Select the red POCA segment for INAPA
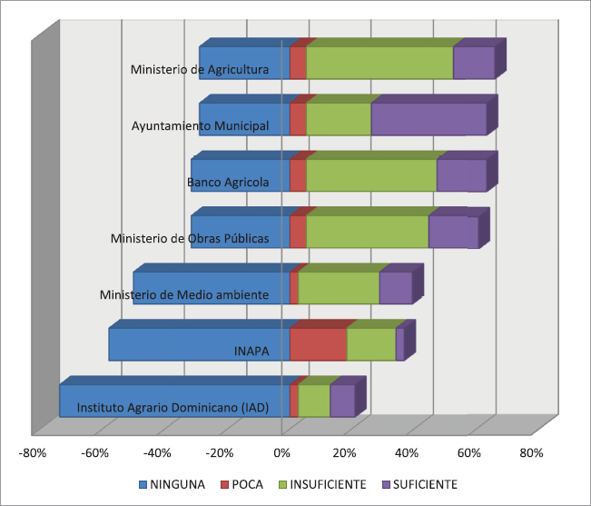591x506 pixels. point(318,344)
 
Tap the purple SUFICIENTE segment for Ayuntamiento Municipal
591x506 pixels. point(428,119)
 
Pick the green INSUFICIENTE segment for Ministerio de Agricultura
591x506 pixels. point(379,63)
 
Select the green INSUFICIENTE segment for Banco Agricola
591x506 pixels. point(371,175)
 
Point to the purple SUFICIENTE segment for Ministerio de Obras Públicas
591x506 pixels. point(453,232)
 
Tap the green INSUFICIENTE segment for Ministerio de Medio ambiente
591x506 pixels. point(339,288)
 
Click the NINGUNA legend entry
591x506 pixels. point(172,483)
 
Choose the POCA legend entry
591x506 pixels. point(241,483)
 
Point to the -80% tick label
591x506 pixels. point(34,452)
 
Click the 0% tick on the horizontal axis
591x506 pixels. point(282,452)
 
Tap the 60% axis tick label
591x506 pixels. point(469,452)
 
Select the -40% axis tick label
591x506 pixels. point(158,452)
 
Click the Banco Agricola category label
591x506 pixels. point(228,182)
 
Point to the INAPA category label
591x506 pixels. point(251,352)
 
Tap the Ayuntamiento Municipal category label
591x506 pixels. point(200,125)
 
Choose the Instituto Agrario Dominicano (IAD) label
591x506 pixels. point(172,408)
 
